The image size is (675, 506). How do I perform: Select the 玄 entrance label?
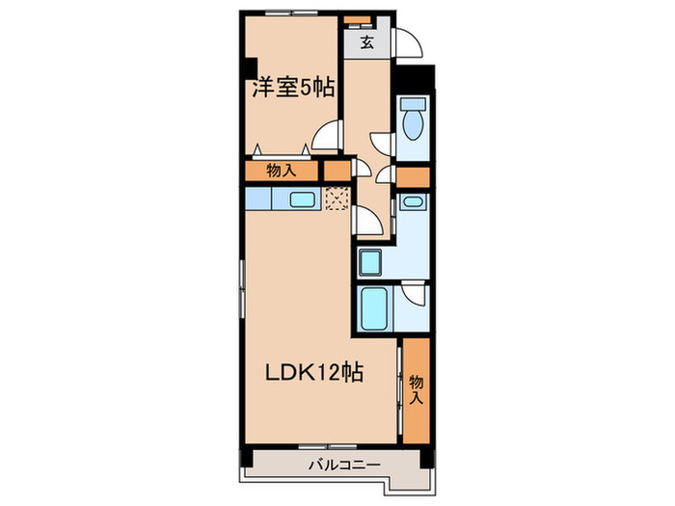367,42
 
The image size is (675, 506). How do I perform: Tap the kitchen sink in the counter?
301,200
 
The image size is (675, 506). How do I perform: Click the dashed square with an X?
337,200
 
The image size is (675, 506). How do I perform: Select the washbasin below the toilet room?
412,202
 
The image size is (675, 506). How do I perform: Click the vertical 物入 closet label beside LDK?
416,387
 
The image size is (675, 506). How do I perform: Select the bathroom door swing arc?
413,293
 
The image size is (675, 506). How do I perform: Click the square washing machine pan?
371,260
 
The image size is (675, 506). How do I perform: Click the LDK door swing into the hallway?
367,221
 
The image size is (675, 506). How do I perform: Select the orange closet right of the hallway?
413,176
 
